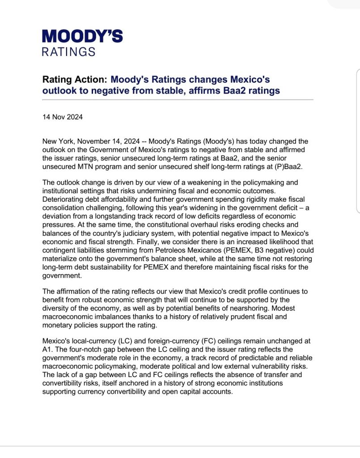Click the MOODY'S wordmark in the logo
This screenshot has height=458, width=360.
82,36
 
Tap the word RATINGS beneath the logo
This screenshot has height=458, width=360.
68,52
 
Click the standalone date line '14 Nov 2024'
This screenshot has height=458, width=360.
62,118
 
